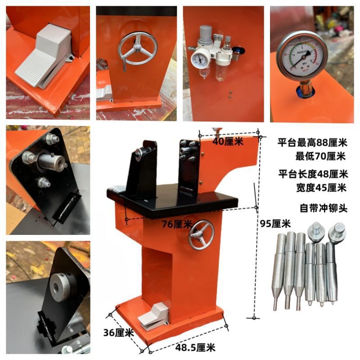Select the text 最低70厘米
point(320,157)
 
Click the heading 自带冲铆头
point(320,208)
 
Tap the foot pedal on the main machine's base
point(154,317)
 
